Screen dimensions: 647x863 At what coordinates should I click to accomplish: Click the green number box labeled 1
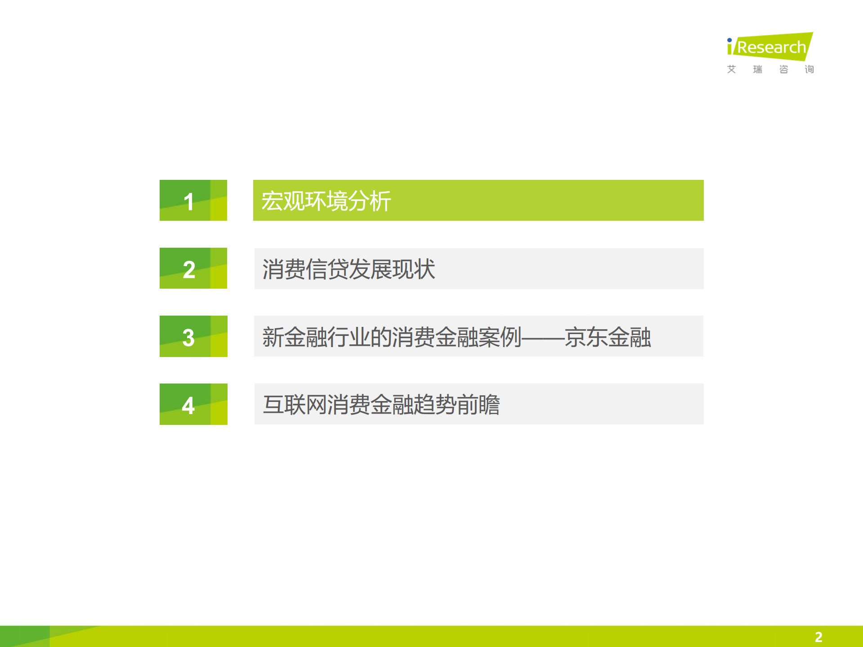tap(193, 201)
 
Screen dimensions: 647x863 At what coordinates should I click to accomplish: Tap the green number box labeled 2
tap(193, 268)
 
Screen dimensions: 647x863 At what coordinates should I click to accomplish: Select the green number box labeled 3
tap(193, 336)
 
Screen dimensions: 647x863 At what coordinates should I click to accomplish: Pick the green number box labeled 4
tap(193, 404)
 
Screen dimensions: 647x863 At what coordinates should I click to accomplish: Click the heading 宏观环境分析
tap(326, 201)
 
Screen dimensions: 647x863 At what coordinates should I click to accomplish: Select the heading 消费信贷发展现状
tap(349, 269)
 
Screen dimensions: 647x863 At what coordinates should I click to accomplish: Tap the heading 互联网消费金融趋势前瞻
tap(381, 405)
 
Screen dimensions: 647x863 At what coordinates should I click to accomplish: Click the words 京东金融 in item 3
tap(608, 337)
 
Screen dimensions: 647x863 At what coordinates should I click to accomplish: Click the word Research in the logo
tap(772, 47)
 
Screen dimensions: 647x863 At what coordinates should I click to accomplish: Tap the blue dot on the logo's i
tap(729, 40)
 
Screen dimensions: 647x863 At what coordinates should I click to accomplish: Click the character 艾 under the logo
tap(732, 69)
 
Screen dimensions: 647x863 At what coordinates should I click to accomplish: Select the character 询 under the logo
tap(809, 69)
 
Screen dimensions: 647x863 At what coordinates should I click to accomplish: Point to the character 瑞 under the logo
tap(758, 69)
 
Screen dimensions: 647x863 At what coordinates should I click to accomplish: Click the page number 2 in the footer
tap(818, 637)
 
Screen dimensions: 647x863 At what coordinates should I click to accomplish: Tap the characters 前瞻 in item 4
tap(478, 405)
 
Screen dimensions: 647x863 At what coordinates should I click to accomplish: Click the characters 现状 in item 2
tap(414, 269)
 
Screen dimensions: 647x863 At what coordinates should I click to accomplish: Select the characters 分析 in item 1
tap(370, 201)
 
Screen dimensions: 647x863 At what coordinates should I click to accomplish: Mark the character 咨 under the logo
tap(784, 69)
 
